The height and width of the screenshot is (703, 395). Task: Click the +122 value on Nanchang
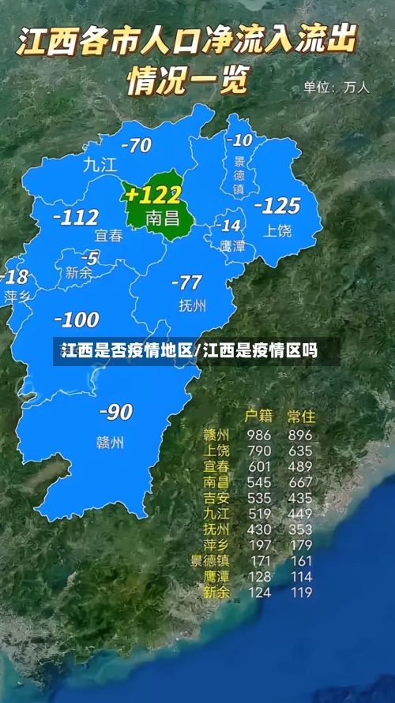pyautogui.click(x=153, y=194)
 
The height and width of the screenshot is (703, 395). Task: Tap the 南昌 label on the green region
pyautogui.click(x=164, y=218)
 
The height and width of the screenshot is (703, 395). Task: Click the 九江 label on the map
pyautogui.click(x=100, y=165)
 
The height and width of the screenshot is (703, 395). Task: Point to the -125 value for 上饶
pyautogui.click(x=277, y=206)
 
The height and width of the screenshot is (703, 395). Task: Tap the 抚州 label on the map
pyautogui.click(x=192, y=306)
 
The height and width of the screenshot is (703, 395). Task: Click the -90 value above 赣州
pyautogui.click(x=115, y=412)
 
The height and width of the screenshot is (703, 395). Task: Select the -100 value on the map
pyautogui.click(x=76, y=320)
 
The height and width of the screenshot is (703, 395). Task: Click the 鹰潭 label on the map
pyautogui.click(x=232, y=247)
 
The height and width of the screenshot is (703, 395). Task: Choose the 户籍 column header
pyautogui.click(x=258, y=415)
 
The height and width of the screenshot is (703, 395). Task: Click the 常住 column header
pyautogui.click(x=301, y=415)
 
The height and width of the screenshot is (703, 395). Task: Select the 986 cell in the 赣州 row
pyautogui.click(x=258, y=435)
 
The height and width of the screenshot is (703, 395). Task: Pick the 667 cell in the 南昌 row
pyautogui.click(x=300, y=482)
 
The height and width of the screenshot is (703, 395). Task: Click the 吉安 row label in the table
pyautogui.click(x=216, y=498)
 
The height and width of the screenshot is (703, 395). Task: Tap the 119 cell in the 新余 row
pyautogui.click(x=300, y=592)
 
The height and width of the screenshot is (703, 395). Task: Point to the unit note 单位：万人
pyautogui.click(x=337, y=88)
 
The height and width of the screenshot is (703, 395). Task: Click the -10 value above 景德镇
pyautogui.click(x=239, y=140)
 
